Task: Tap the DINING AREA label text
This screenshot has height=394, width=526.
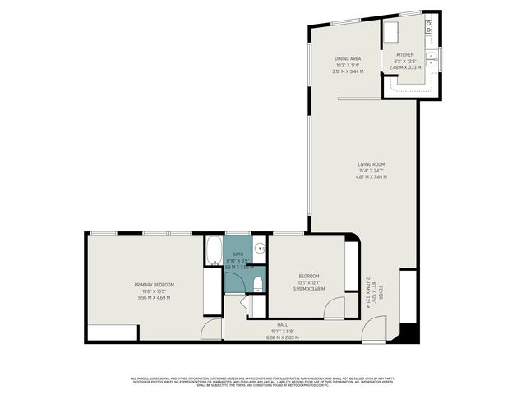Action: point(348,59)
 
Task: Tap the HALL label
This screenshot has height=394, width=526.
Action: point(282,324)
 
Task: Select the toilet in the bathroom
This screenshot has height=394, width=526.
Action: point(258,285)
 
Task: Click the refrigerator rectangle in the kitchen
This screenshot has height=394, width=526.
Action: point(390,31)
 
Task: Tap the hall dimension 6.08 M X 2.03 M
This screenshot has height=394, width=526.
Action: point(282,337)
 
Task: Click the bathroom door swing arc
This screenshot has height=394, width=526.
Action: point(235,283)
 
